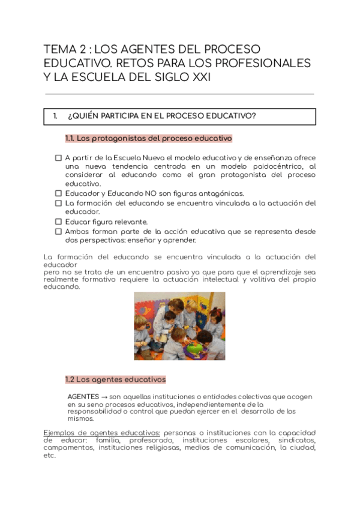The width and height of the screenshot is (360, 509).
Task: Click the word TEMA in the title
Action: point(59,49)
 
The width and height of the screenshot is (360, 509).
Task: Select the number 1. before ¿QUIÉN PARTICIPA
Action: point(55,116)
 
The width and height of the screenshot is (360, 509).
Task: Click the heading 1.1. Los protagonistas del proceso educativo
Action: point(148,139)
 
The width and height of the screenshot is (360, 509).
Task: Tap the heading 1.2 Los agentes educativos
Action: point(115,379)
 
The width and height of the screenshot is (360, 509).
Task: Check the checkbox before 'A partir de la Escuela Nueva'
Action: point(58,158)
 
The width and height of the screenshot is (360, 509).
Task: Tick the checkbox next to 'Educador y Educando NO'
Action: point(58,194)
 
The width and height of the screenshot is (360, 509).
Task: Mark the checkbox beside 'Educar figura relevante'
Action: point(58,221)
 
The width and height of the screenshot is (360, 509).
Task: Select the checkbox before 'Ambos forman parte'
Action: point(58,231)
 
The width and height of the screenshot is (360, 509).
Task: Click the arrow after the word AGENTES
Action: point(104,397)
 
